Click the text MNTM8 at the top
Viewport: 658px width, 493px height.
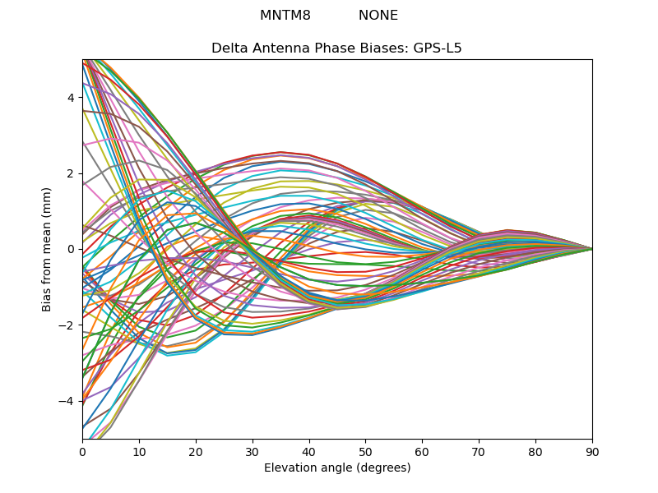[285, 15]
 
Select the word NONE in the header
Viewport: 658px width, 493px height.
[378, 15]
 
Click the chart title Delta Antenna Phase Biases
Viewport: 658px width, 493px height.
[310, 48]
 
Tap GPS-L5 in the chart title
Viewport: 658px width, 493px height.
[438, 48]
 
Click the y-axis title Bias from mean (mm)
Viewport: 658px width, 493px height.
[46, 250]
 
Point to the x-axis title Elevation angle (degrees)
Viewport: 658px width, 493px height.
[337, 468]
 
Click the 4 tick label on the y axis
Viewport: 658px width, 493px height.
[72, 98]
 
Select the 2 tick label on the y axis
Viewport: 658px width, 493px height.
[72, 173]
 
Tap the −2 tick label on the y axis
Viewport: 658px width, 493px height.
[67, 325]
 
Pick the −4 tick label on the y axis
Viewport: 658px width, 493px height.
[67, 401]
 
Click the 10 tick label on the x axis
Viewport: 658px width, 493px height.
[139, 453]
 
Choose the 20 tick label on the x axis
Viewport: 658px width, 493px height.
[196, 453]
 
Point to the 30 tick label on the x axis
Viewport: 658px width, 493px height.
[253, 453]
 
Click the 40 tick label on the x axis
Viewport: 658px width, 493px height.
[309, 453]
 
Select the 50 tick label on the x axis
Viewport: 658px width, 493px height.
[366, 453]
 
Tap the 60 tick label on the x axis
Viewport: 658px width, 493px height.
[423, 453]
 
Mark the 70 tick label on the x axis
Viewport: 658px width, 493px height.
[480, 453]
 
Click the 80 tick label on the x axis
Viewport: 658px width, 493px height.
[536, 453]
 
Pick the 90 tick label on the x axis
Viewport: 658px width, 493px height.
[592, 453]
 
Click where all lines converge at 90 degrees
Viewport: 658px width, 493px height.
[592, 250]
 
